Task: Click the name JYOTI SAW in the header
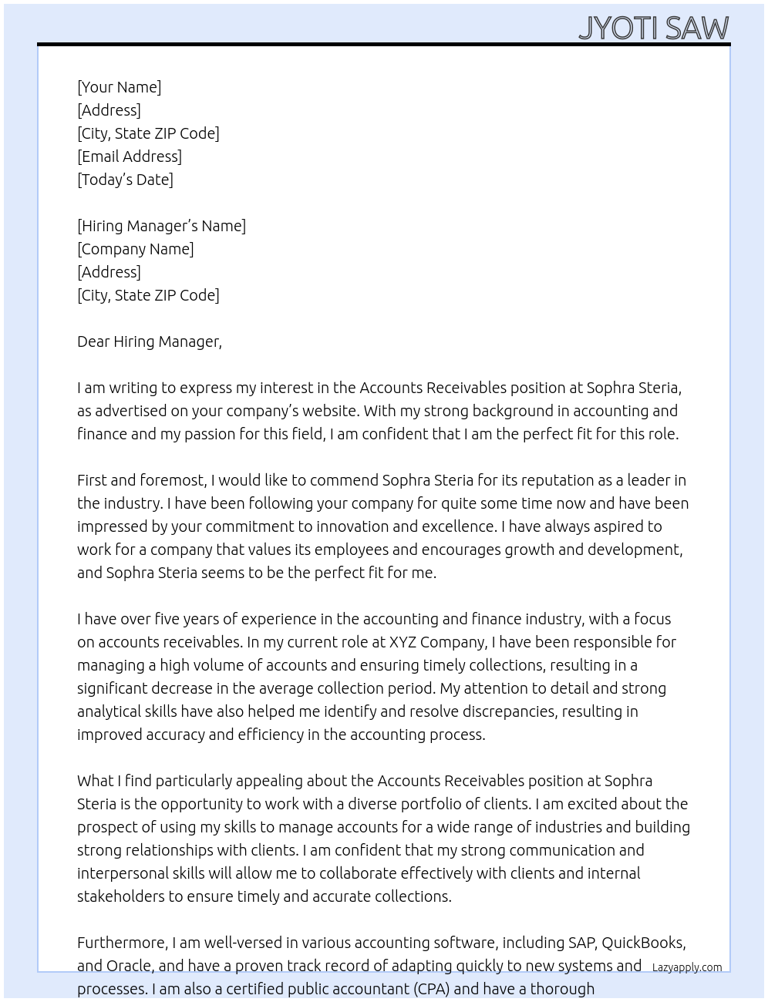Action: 653,27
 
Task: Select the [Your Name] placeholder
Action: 119,87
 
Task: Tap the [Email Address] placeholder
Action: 130,156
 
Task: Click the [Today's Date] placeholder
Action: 125,180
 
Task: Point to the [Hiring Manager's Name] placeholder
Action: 161,226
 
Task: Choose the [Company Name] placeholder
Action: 135,249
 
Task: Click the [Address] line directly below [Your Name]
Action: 109,110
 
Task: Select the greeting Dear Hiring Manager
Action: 149,341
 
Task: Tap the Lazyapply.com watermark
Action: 686,967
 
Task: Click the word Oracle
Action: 129,966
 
